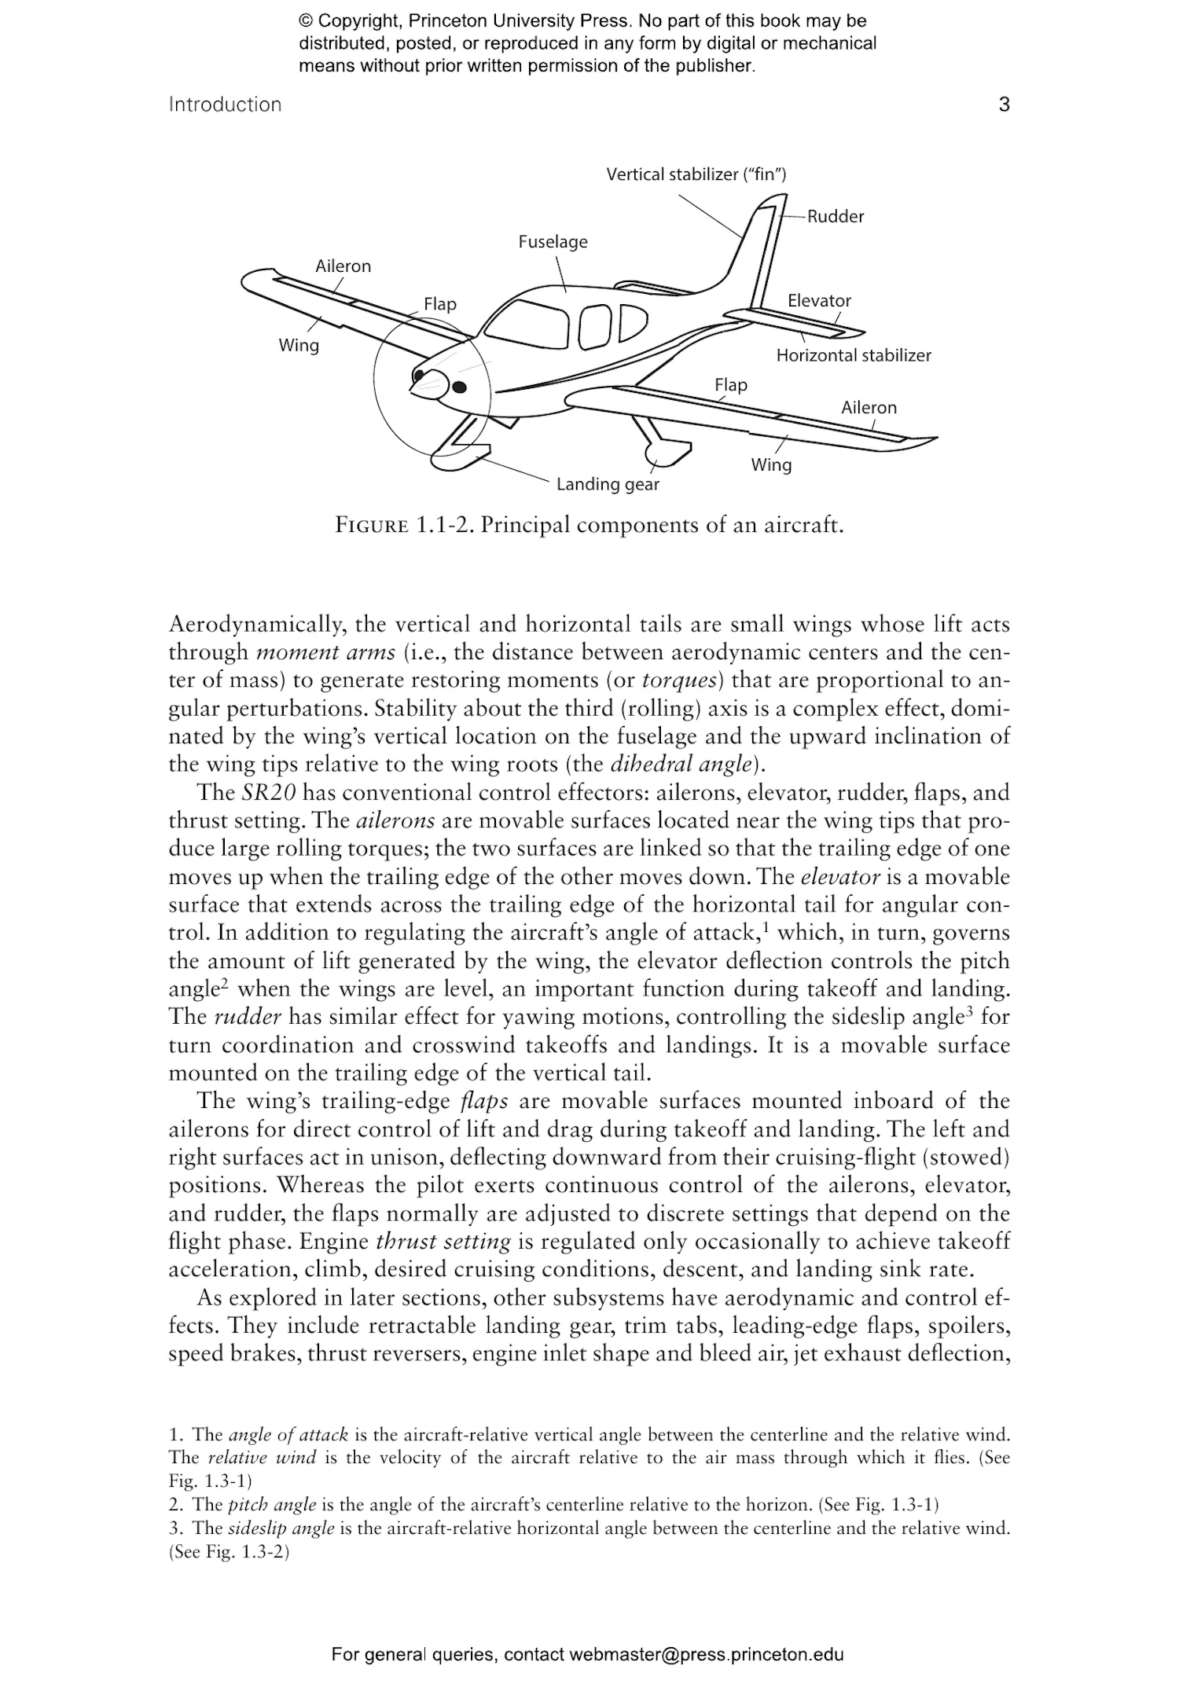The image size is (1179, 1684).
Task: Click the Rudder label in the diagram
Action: coord(835,217)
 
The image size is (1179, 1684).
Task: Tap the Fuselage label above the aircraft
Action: coord(553,242)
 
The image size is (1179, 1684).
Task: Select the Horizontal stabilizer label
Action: coord(853,355)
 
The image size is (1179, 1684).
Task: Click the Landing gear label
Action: coord(608,484)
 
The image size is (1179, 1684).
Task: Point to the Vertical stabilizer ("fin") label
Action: coord(696,174)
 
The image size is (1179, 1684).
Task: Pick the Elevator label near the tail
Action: coord(819,301)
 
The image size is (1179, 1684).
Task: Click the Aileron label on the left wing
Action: coord(343,266)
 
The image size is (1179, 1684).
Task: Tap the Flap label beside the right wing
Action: coord(730,385)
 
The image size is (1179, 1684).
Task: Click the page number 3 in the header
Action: coord(1004,105)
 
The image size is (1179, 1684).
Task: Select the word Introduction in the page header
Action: coord(225,105)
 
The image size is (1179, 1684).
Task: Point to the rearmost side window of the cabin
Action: coord(633,321)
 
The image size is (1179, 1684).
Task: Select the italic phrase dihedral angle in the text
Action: coord(681,765)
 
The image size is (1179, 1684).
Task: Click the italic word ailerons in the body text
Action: coord(395,821)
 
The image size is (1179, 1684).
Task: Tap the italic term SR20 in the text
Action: coord(268,793)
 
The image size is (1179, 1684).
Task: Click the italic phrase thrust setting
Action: coord(443,1242)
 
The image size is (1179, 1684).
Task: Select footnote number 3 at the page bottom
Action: coord(174,1528)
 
